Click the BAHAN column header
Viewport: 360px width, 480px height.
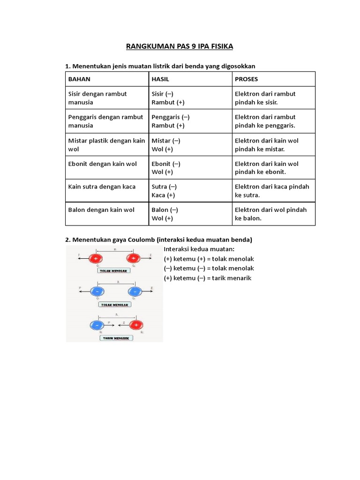[79, 79]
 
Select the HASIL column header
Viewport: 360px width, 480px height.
[160, 79]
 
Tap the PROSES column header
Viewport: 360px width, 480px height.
[246, 79]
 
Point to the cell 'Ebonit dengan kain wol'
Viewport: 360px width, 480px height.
[103, 164]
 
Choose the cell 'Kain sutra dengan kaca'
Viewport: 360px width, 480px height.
[102, 187]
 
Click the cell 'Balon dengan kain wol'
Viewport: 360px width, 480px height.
[101, 210]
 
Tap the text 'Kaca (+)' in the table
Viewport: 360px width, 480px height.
[163, 195]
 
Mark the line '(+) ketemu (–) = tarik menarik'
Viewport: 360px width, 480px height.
[208, 278]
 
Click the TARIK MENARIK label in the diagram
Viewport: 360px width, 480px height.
[114, 337]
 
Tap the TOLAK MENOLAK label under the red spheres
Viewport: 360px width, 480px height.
[114, 271]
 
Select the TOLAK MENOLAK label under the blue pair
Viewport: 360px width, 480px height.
[114, 304]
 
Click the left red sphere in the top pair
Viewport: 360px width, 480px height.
[97, 258]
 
